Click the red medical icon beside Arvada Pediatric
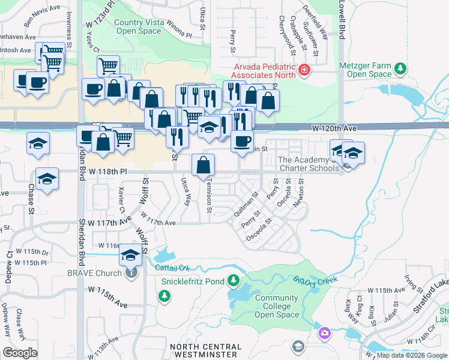click(x=305, y=71)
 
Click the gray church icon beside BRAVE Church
click(x=131, y=273)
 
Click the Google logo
click(x=20, y=353)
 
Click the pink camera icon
click(x=325, y=332)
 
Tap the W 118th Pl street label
click(x=108, y=172)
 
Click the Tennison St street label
click(x=209, y=198)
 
